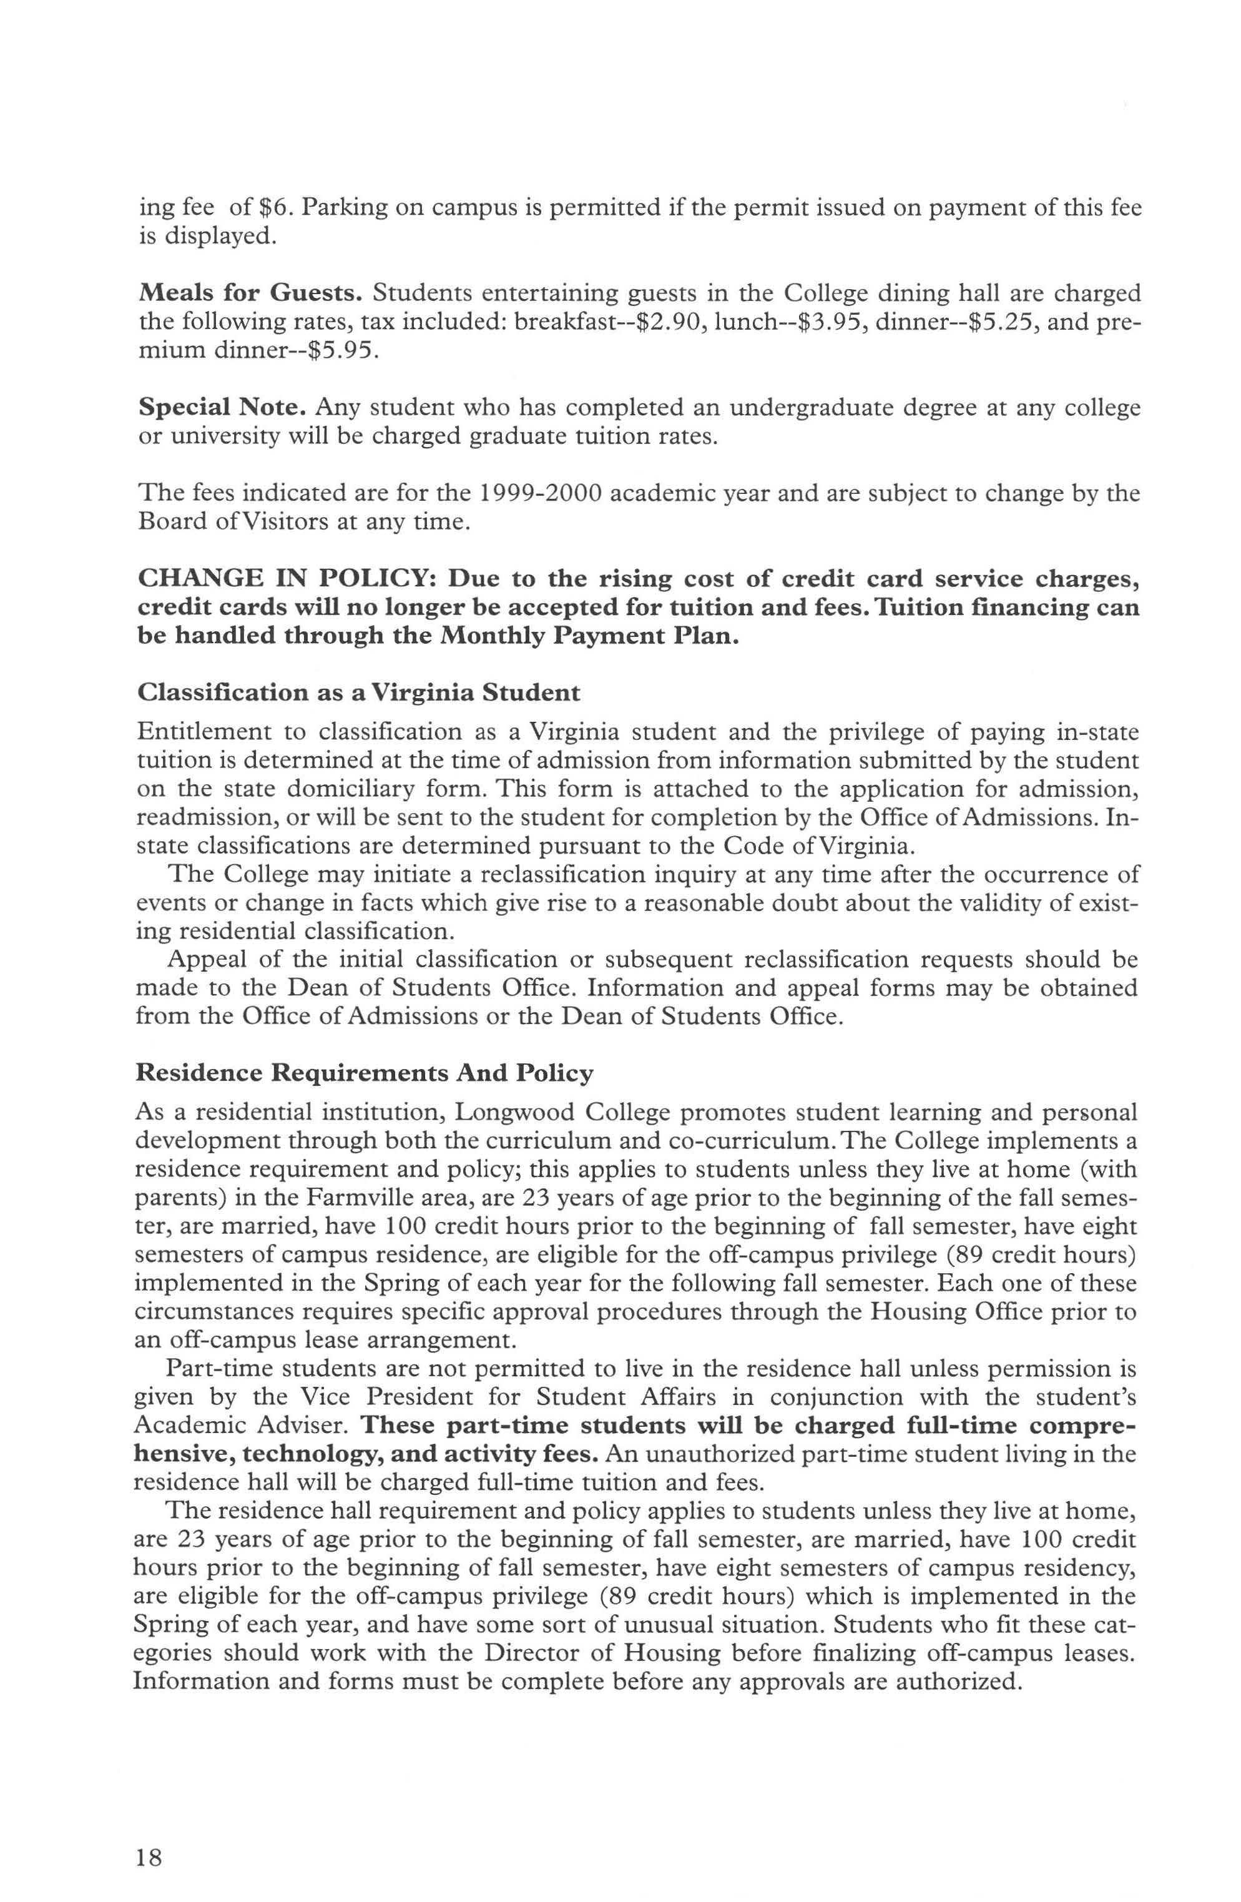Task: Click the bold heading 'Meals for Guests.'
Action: (x=250, y=294)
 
